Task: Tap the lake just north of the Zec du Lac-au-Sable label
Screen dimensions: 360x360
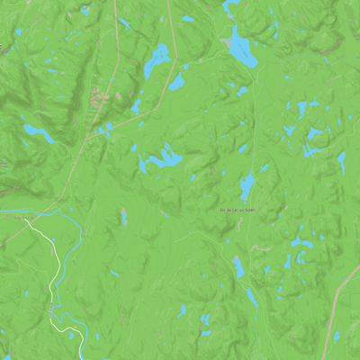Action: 247,186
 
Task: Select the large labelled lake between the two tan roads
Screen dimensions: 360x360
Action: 157,58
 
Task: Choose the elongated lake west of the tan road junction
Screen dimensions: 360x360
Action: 39,135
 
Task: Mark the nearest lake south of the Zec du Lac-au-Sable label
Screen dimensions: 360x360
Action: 239,267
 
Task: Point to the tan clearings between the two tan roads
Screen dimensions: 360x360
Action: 101,94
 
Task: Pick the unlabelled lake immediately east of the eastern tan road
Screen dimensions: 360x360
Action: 176,83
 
